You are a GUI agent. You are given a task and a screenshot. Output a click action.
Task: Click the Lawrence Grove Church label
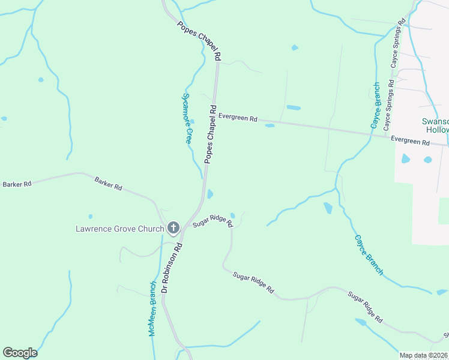[x=119, y=229]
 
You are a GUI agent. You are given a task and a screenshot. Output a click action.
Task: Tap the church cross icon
[x=173, y=227]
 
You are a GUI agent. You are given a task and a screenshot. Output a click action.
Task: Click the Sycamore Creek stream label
[x=188, y=118]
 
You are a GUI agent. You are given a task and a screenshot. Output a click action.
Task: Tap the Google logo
[x=20, y=353]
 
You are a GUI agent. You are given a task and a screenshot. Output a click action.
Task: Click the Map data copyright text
[x=423, y=355]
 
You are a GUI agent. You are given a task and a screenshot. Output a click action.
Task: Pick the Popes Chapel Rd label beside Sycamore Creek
[x=211, y=134]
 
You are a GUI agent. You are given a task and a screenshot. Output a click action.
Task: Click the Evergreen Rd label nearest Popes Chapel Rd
[x=238, y=118]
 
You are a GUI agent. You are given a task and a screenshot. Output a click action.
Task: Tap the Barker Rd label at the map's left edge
[x=16, y=184]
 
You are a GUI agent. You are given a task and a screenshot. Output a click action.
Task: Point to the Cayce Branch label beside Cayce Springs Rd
[x=376, y=106]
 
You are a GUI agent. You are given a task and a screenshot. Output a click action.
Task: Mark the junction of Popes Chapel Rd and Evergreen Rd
[x=215, y=114]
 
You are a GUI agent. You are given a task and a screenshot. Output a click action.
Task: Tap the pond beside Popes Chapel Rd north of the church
[x=209, y=194]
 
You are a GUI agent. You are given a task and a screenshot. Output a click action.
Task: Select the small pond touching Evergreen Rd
[x=270, y=125]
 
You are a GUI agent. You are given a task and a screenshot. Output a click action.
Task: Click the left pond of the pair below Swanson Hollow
[x=406, y=159]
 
